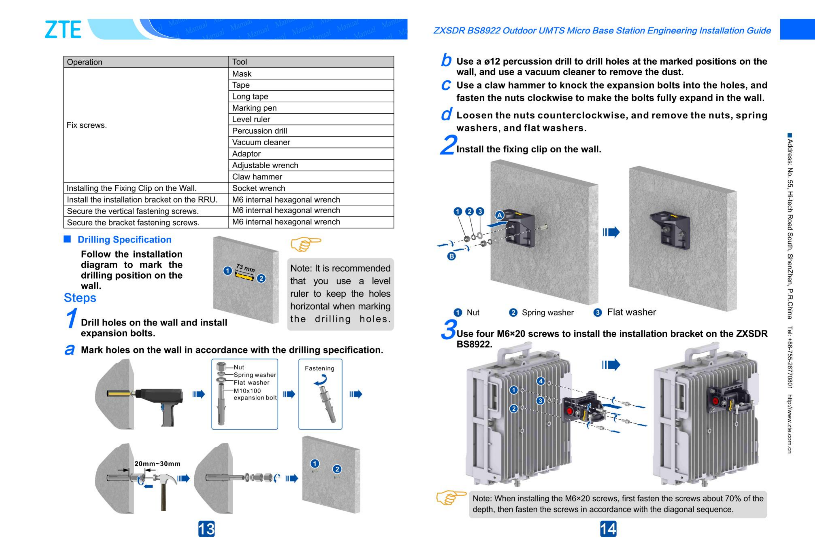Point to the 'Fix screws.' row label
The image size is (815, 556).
(x=87, y=125)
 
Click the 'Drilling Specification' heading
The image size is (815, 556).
(x=124, y=240)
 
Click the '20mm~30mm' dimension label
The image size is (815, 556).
(x=157, y=464)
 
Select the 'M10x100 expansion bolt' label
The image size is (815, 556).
(x=255, y=394)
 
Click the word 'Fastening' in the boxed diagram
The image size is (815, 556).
(x=319, y=368)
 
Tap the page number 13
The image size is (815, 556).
(x=206, y=529)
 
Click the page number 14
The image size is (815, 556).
(x=608, y=529)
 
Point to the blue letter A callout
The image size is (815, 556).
(x=499, y=215)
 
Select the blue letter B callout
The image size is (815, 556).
(x=452, y=256)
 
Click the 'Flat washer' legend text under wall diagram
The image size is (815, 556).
(x=631, y=312)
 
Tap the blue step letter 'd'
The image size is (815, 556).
(x=446, y=115)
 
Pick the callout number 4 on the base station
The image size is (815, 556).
(x=541, y=381)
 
